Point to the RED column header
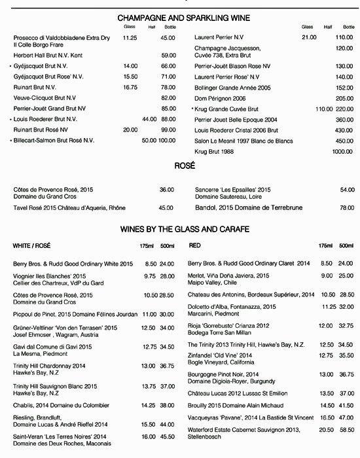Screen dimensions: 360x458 194,245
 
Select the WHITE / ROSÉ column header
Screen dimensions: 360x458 34,245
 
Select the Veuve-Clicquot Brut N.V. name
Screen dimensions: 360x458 46,97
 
